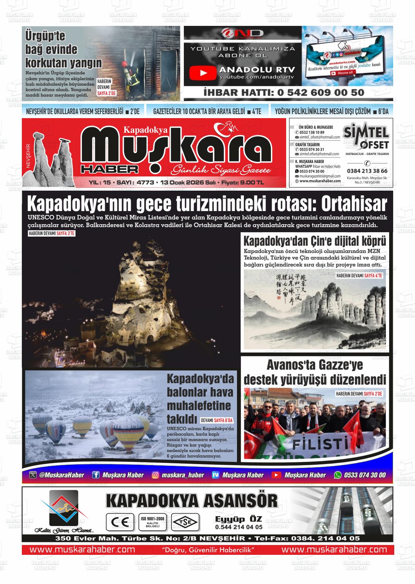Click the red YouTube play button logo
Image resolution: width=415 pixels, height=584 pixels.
pos(203,73)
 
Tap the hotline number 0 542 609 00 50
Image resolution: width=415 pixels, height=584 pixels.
pos(284,93)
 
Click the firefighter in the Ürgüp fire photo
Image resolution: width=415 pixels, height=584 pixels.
pos(128,75)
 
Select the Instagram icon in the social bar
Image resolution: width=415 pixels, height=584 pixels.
pos(155,475)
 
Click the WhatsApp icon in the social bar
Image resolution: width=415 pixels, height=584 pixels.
pos(338,475)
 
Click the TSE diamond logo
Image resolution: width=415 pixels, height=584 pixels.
pos(186,522)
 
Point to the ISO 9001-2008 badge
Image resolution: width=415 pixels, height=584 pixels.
pos(153,522)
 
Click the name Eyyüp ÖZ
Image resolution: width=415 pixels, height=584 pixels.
pos(238,519)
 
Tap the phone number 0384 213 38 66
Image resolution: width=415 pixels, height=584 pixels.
pos(367,171)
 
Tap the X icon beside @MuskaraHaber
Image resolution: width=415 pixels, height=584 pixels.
pos(33,475)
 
